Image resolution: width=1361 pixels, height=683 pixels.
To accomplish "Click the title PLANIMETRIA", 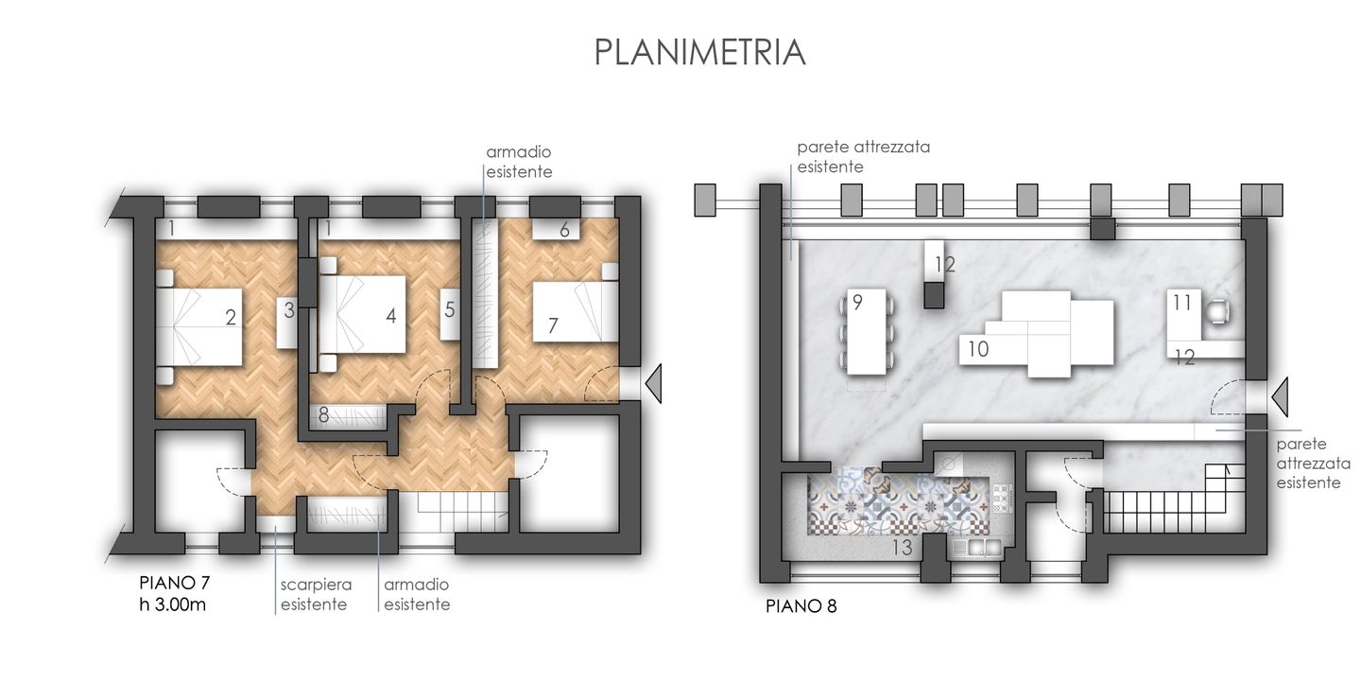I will click(x=699, y=52).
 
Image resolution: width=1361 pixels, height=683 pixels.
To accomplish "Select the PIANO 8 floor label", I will click(x=801, y=606).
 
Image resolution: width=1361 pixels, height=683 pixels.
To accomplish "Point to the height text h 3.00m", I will click(x=173, y=604).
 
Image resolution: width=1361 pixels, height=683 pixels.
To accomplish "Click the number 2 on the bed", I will click(x=230, y=319).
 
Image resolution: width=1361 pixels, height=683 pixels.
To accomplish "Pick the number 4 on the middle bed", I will click(x=390, y=317).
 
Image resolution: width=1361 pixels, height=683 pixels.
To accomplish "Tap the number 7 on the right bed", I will click(x=553, y=326).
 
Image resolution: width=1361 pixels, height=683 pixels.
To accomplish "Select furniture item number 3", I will click(x=289, y=309).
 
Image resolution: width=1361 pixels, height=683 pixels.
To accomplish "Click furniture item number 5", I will click(x=450, y=309).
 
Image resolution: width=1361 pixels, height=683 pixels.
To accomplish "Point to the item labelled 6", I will click(x=563, y=230).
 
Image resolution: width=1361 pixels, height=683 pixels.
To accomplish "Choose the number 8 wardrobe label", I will click(x=323, y=414).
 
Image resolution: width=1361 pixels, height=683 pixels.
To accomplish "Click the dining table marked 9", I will click(x=868, y=331).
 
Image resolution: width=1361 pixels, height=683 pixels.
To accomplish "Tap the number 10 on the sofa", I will click(x=978, y=349).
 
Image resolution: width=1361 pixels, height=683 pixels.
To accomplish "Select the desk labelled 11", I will click(x=1181, y=304).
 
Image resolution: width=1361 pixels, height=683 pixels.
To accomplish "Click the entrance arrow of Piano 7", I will click(x=653, y=384).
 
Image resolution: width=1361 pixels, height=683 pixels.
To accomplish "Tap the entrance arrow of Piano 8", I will click(x=1280, y=395).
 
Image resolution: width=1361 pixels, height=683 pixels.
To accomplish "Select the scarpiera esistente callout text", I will click(x=313, y=594).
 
